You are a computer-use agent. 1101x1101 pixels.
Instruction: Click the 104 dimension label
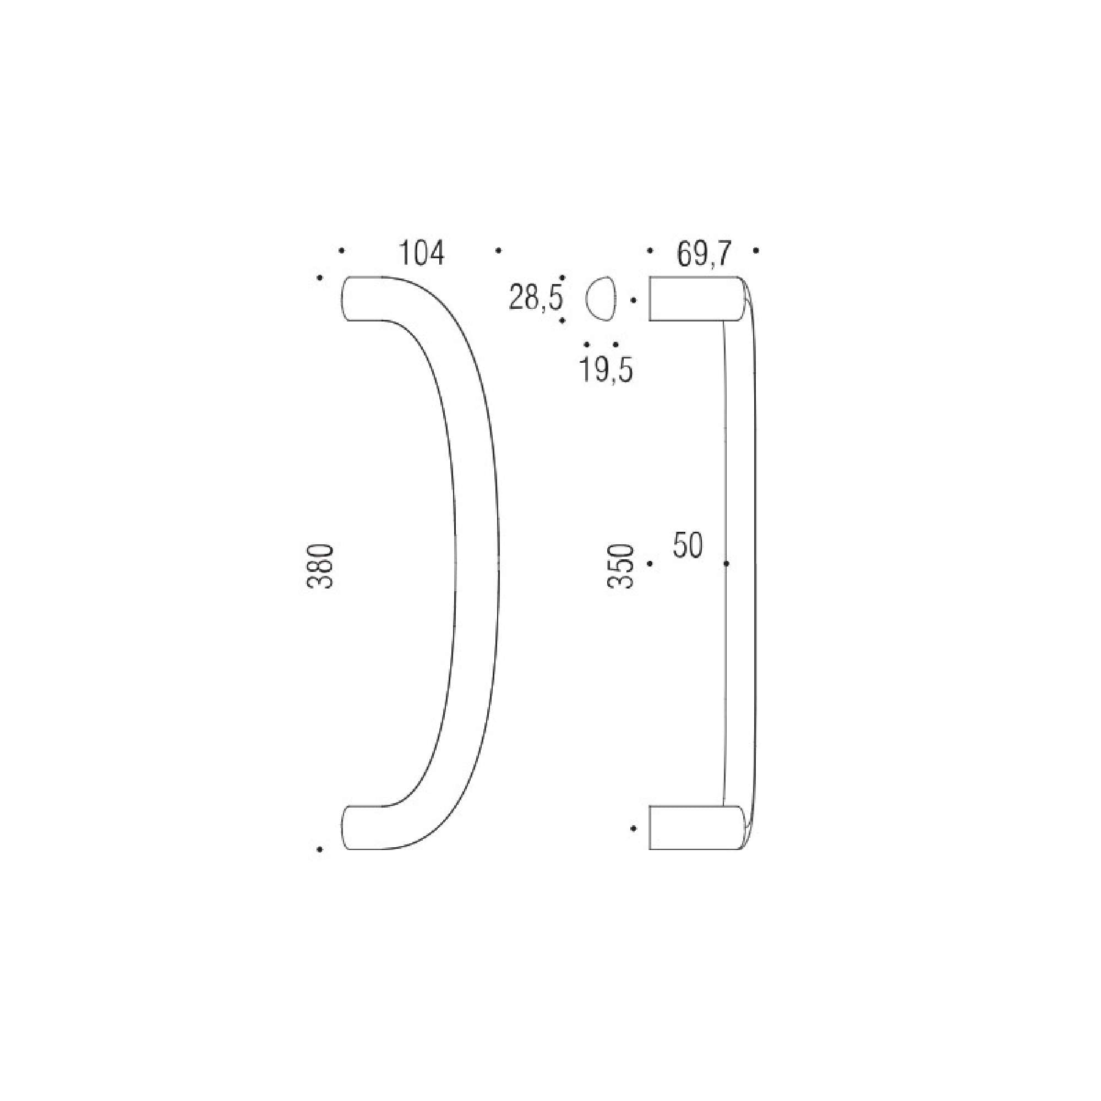421,254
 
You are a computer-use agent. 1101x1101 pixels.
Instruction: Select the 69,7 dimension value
704,254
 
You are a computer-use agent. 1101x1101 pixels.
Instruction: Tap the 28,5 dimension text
536,298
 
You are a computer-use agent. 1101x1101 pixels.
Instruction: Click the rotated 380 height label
320,566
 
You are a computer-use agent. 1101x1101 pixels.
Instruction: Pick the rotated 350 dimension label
621,566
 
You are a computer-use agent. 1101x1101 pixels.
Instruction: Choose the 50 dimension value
688,546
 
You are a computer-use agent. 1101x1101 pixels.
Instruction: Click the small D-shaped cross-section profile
601,298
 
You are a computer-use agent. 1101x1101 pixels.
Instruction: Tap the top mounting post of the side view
696,298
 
